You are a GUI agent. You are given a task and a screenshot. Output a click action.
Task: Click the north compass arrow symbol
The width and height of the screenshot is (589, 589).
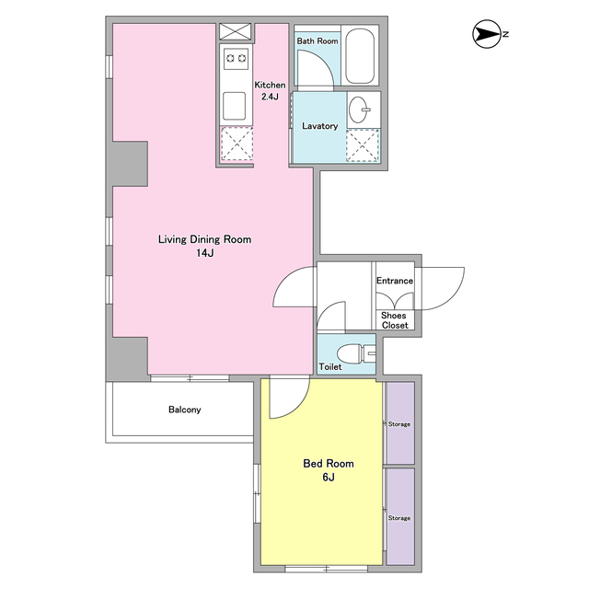487,34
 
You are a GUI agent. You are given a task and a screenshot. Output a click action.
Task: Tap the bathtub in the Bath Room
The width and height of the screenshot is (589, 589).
360,56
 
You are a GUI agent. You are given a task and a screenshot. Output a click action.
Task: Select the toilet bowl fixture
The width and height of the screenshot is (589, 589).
356,353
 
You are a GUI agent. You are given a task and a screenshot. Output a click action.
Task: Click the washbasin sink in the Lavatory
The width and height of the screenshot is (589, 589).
359,110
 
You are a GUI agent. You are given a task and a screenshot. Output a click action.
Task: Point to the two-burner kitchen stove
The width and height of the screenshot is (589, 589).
236,59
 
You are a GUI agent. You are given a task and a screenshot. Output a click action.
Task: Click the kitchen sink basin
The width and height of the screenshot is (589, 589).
234,106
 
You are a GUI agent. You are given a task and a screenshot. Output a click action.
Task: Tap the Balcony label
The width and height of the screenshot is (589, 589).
184,410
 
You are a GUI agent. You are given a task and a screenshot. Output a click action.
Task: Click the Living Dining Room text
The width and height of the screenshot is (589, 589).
204,239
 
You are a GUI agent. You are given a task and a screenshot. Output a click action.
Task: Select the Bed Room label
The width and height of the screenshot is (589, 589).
329,463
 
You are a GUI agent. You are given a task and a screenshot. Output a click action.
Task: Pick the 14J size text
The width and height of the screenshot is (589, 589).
204,253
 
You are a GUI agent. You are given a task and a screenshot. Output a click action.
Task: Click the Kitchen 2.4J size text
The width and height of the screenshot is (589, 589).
270,97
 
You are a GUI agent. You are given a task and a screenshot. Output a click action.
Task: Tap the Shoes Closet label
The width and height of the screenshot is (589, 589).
395,320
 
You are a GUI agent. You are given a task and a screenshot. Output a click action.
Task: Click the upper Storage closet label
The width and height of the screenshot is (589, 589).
398,424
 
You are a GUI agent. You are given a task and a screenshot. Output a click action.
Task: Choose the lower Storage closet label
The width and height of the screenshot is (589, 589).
398,518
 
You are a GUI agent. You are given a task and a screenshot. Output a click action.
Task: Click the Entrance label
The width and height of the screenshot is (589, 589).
395,281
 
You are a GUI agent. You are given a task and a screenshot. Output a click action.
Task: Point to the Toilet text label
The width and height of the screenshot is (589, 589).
330,366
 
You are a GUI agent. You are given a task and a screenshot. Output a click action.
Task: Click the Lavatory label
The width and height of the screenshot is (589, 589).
319,126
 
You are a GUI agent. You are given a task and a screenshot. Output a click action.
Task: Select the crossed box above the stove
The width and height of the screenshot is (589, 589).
236,31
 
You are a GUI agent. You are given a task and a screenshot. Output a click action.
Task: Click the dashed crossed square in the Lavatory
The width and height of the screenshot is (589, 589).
363,145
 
